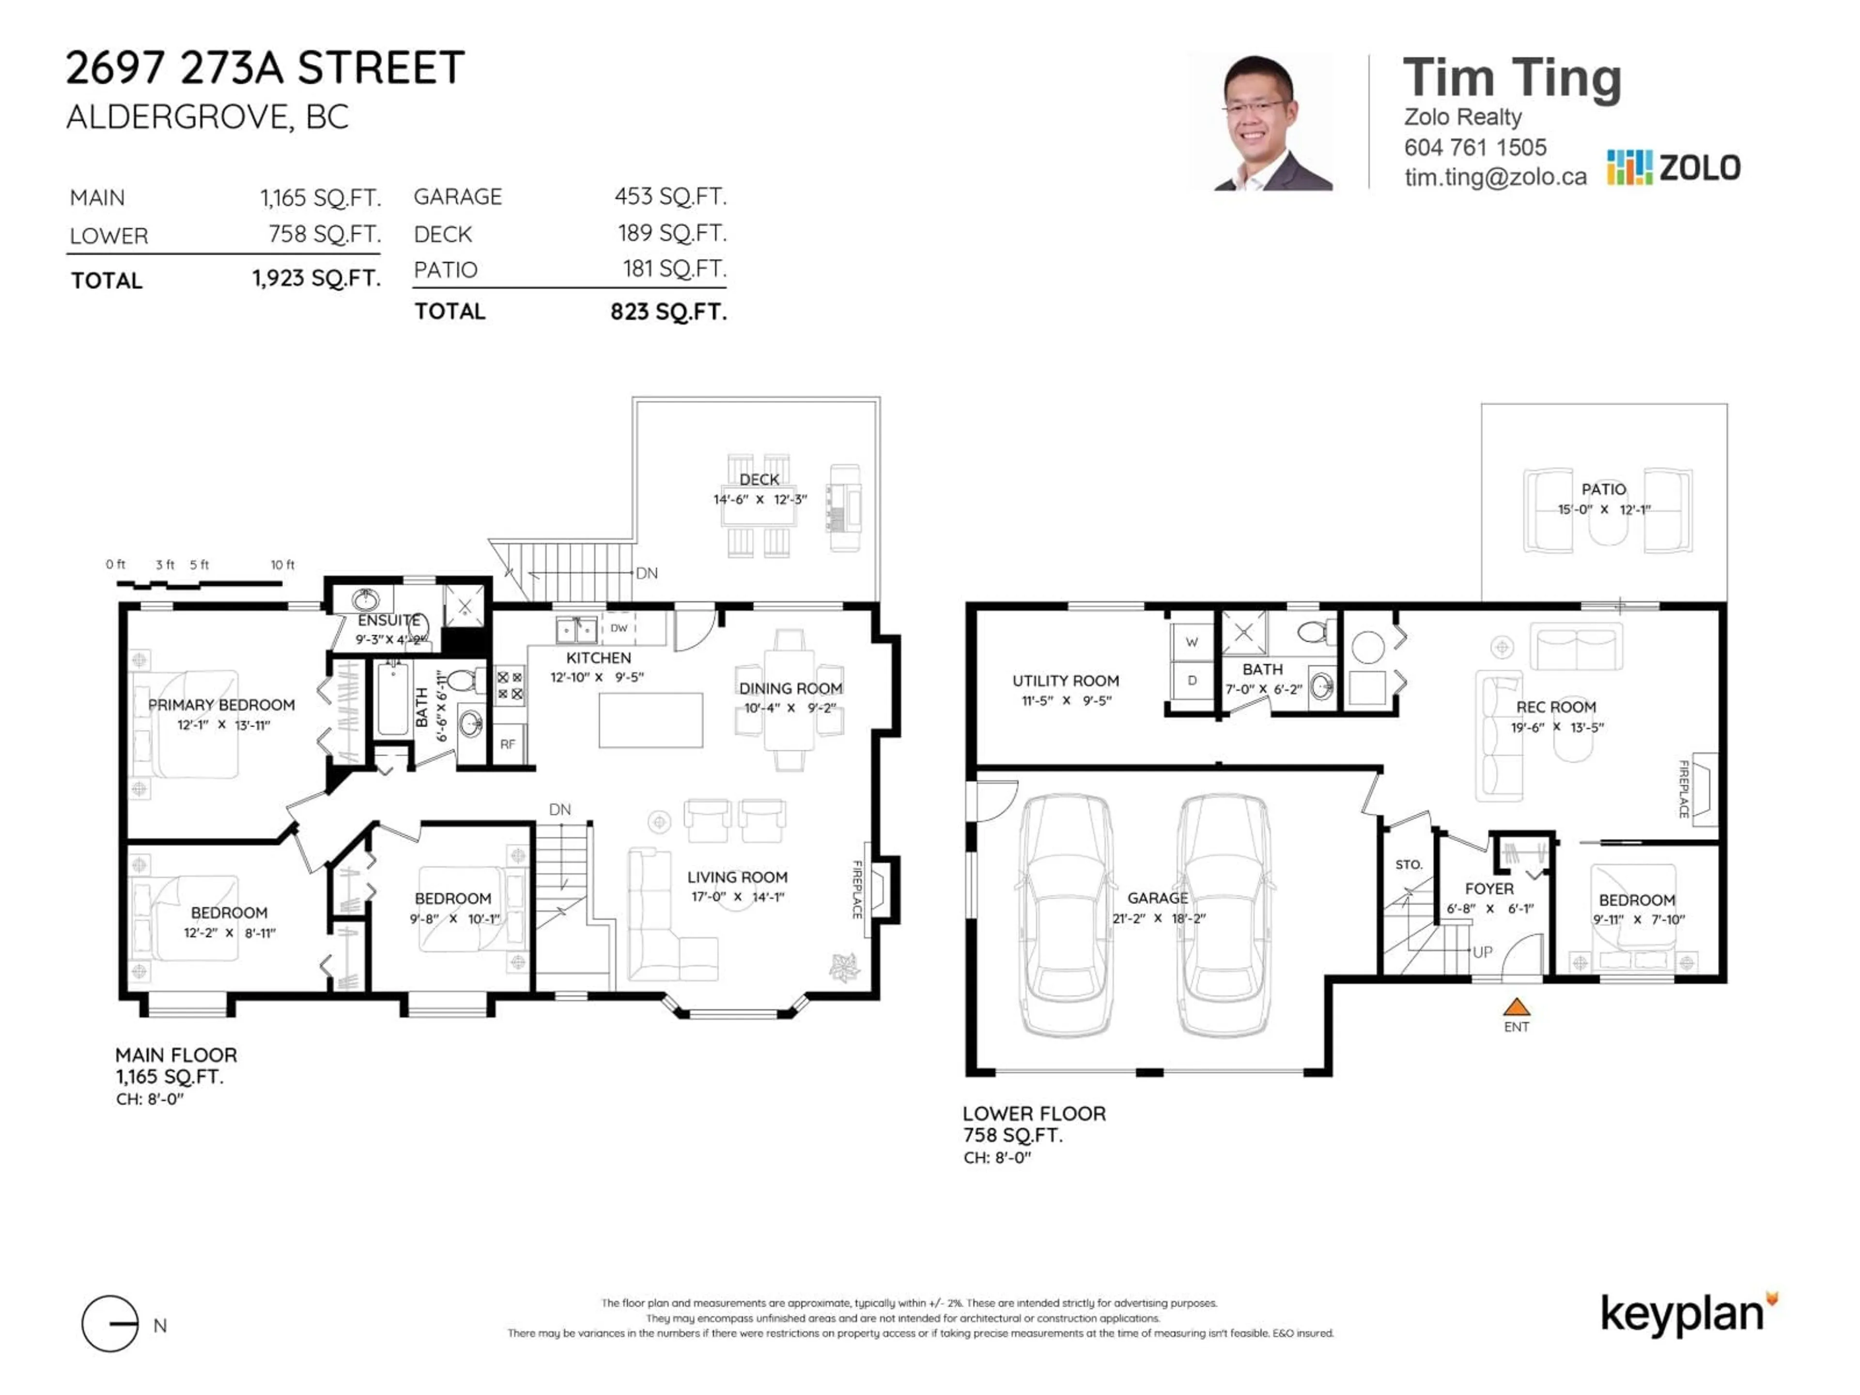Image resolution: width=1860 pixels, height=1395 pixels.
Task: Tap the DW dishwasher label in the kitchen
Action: (x=619, y=628)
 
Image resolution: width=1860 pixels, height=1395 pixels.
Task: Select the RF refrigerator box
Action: (x=508, y=744)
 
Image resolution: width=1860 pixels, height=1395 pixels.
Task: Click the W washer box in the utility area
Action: (x=1192, y=642)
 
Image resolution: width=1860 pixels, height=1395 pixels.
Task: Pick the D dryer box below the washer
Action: (x=1192, y=680)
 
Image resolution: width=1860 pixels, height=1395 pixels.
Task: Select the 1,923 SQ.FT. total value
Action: (x=317, y=279)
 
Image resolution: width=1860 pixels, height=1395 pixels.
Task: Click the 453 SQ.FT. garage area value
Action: (x=670, y=197)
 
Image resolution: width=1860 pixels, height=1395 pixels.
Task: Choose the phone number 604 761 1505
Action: (x=1475, y=148)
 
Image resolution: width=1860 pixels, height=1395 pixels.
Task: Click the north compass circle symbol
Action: (x=110, y=1323)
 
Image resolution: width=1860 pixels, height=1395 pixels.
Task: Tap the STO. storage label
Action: (x=1409, y=865)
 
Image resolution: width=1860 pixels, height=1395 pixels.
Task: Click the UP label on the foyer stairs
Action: (x=1483, y=952)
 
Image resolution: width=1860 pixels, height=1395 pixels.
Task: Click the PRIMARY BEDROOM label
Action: (x=221, y=705)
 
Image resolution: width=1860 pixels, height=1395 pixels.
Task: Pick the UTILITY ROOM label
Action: (x=1065, y=680)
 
